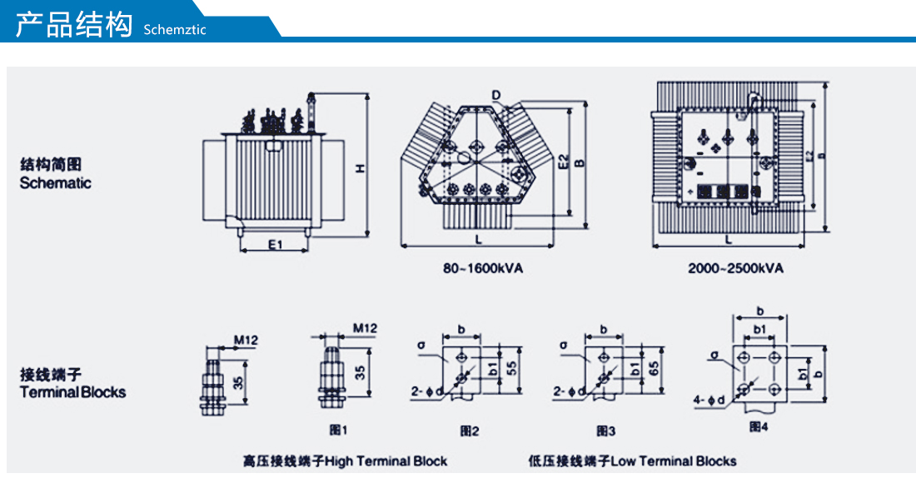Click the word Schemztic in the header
coord(174,30)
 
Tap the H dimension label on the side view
coord(360,168)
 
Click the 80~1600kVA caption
coord(483,269)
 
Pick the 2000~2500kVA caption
coord(735,269)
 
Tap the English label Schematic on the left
coord(56,183)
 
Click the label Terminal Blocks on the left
coord(73,391)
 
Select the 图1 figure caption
coord(337,431)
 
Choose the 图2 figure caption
coord(470,431)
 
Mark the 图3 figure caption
coord(605,431)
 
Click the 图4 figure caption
coord(758,427)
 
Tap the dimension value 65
coord(655,367)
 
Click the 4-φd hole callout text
coord(709,401)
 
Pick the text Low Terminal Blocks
coord(674,461)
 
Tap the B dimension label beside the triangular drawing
coord(580,162)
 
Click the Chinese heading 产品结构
coord(75,25)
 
